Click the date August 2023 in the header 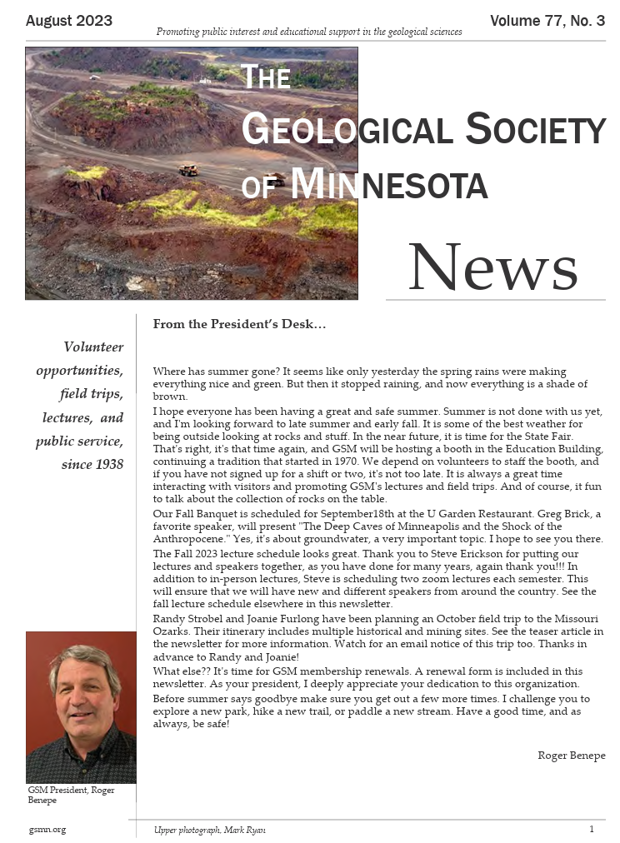click(69, 21)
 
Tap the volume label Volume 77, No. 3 click(547, 21)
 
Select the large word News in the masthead click(492, 267)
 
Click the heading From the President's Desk click(227, 324)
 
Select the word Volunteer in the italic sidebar click(93, 347)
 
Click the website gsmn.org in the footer click(47, 830)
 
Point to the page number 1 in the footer click(592, 830)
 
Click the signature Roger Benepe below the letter click(572, 756)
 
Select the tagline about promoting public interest click(309, 32)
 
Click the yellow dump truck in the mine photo click(189, 170)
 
